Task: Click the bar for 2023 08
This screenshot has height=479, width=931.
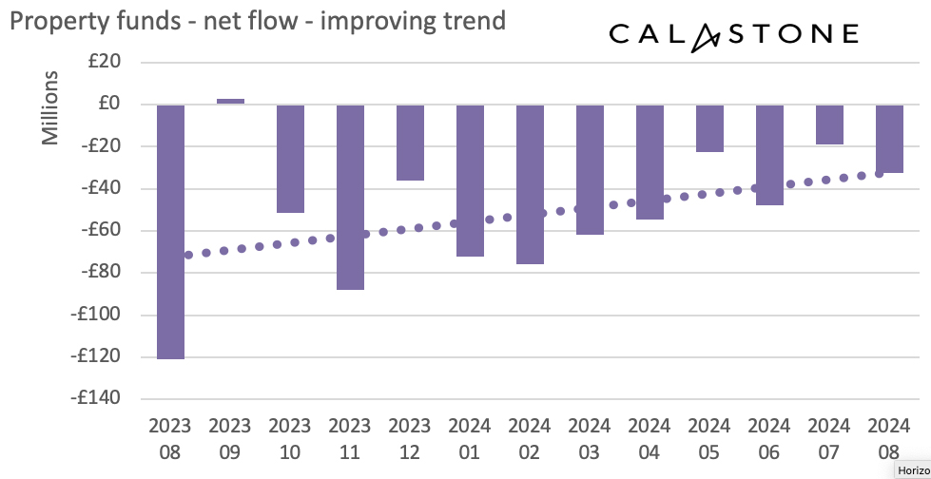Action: tap(170, 231)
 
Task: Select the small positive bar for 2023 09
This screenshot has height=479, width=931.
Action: tap(230, 101)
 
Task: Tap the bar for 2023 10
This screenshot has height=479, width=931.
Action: tap(290, 158)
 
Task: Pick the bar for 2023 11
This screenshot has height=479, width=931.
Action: tap(350, 196)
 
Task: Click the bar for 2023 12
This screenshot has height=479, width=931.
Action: tap(410, 142)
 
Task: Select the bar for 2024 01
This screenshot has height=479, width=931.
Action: tap(470, 180)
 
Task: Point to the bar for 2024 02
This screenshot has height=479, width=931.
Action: tap(530, 183)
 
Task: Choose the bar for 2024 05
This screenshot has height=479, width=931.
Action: tap(709, 127)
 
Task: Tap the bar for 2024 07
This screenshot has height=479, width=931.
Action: tap(829, 124)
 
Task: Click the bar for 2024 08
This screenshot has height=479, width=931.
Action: tap(889, 138)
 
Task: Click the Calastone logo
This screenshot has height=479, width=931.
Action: tap(732, 35)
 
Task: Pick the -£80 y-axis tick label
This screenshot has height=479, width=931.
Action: tap(99, 272)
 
